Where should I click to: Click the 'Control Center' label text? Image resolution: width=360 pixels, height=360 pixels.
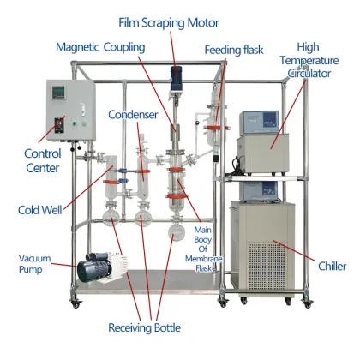(x=42, y=161)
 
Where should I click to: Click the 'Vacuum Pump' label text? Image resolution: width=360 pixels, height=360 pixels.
(x=35, y=263)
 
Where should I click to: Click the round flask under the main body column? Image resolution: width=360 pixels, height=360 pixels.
(x=177, y=230)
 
